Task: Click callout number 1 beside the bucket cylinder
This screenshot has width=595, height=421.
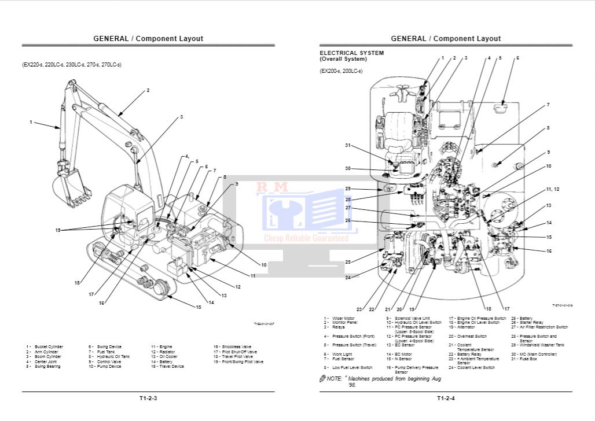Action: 31,122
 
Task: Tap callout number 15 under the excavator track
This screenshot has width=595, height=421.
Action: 198,306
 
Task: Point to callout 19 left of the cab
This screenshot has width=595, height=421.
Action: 58,230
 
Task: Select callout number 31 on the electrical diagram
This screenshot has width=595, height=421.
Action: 348,145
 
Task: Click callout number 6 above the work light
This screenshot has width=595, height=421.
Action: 517,58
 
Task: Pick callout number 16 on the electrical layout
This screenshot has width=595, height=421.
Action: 549,251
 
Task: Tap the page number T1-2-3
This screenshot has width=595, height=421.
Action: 148,398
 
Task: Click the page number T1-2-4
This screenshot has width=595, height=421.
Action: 446,398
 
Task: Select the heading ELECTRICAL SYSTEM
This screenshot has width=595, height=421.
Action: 351,53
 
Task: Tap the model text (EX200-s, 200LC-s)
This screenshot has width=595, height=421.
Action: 341,71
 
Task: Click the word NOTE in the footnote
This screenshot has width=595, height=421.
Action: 335,378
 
